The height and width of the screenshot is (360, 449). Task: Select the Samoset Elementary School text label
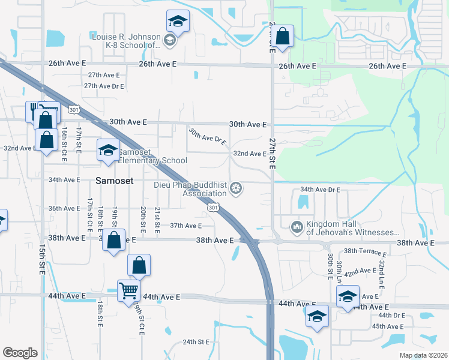[x=152, y=156]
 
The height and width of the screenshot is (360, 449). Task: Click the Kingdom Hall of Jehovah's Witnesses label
[x=353, y=228]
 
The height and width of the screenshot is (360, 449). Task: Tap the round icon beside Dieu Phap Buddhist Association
[x=237, y=190]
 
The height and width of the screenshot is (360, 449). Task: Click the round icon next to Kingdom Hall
[x=297, y=227]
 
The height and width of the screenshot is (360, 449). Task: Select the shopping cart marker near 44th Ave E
[x=129, y=291]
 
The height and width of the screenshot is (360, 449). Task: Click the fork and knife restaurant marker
[x=35, y=110]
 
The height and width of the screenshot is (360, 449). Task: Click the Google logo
[x=20, y=353]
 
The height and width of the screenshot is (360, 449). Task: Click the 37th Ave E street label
[x=185, y=226]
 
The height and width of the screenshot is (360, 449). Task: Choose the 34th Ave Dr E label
[x=320, y=190]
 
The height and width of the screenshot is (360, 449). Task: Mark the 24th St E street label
[x=196, y=342]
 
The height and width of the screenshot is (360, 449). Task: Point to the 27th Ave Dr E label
[x=104, y=86]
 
